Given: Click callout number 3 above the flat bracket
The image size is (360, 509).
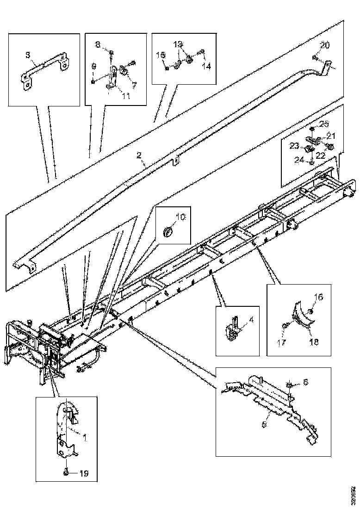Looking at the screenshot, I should [28, 55].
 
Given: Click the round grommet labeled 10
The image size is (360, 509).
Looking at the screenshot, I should [169, 231].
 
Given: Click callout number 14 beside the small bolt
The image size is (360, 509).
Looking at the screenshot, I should [206, 66].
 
